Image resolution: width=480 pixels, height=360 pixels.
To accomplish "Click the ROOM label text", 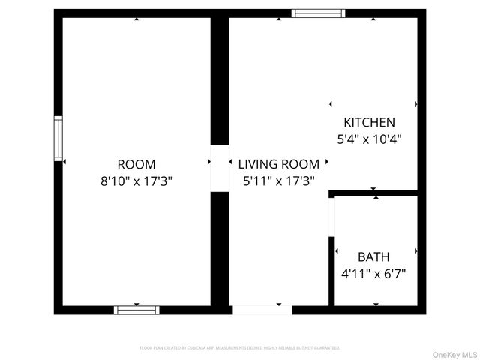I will click(136, 164).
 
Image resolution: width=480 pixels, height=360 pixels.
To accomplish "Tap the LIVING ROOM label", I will click(278, 164).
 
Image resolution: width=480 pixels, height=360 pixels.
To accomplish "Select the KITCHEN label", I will click(369, 122).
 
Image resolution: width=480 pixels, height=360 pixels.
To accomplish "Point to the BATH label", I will click(373, 257).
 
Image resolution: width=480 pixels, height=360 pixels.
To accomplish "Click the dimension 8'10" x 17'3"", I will click(136, 181).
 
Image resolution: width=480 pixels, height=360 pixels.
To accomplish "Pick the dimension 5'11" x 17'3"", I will click(278, 181).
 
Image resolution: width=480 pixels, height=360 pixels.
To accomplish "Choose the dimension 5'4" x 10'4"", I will click(369, 139).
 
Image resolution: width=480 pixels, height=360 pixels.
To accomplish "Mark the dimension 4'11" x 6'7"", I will click(373, 274).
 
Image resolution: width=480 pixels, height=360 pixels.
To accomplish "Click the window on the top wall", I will click(318, 13).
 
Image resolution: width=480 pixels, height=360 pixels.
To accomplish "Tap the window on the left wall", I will click(58, 138).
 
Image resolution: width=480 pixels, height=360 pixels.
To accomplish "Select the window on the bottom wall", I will click(136, 309).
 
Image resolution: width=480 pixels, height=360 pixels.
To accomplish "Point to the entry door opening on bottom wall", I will click(262, 309).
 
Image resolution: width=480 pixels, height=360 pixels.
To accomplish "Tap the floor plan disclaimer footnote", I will click(240, 348).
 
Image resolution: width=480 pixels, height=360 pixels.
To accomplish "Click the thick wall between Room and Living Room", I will click(220, 82).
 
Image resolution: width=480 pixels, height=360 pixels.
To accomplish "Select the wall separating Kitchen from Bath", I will click(375, 193).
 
